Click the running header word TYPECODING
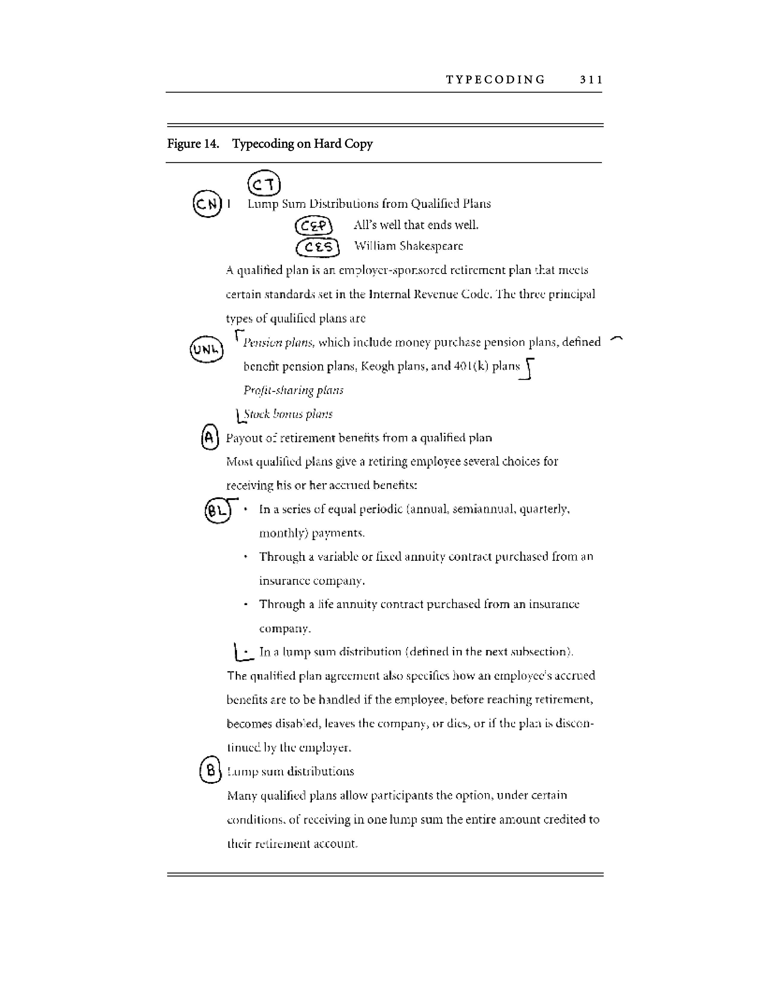(496, 80)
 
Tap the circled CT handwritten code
(264, 183)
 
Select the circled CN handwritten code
(207, 204)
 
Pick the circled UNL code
(207, 349)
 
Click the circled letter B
(210, 770)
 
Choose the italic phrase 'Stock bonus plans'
(288, 414)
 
